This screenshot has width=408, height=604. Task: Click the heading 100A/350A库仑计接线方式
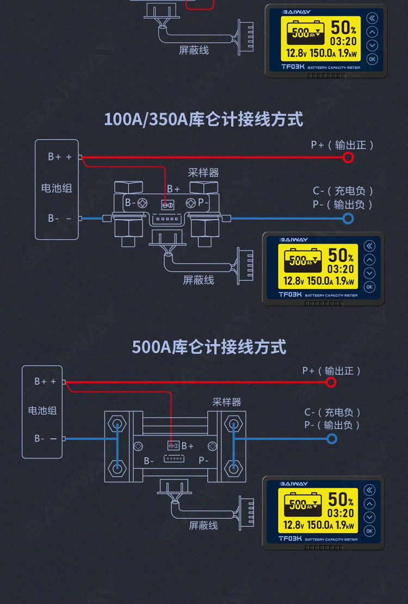pos(203,119)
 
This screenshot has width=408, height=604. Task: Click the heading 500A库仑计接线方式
pos(209,347)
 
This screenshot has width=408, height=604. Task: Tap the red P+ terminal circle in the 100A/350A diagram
pos(348,157)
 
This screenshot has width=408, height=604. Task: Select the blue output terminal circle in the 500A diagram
pos(331,438)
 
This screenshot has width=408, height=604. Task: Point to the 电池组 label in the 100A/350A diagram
pos(57,188)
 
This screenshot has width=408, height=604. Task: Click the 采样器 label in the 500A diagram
pos(226,402)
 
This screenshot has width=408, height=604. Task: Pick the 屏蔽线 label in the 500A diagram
pos(203,525)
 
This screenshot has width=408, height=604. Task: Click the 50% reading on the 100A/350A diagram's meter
pos(341,255)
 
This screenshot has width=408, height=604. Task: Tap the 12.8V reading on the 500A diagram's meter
pos(294,526)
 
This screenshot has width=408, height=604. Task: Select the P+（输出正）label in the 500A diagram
pos(332,371)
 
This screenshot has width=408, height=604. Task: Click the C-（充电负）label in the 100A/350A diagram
pos(343,191)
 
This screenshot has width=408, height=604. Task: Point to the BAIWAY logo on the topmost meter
pos(295,11)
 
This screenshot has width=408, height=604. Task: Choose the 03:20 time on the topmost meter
pos(343,41)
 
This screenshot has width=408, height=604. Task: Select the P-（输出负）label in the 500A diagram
pos(332,425)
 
